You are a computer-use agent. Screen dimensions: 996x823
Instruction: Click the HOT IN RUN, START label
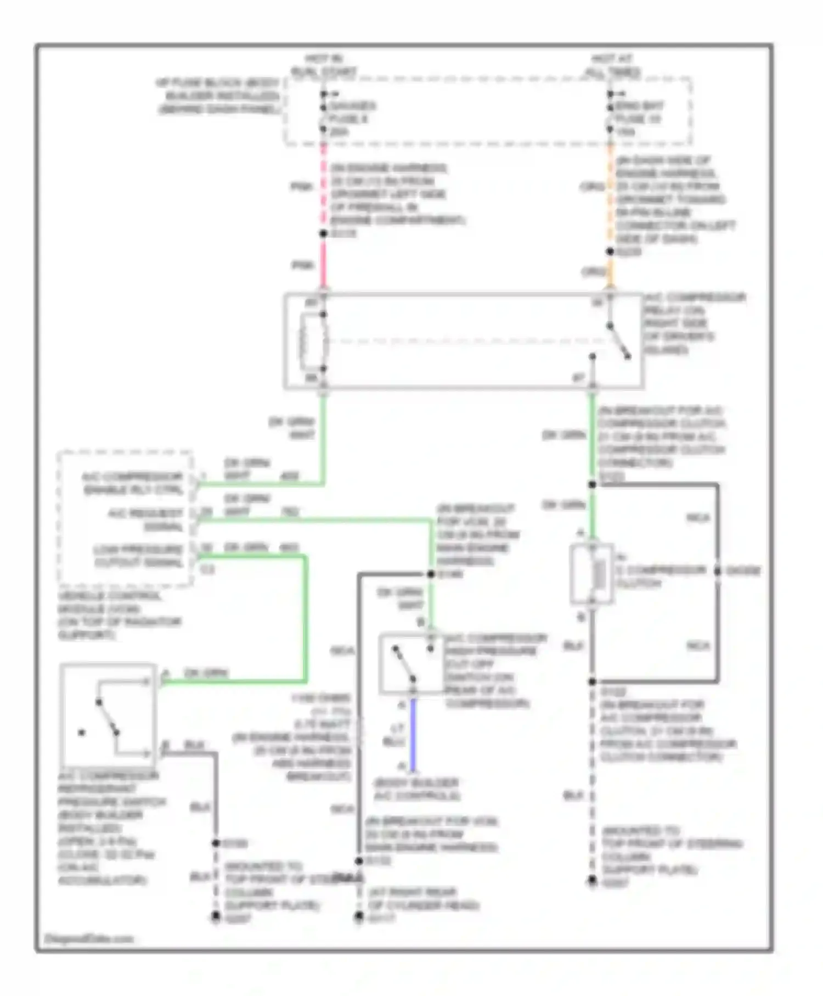[324, 65]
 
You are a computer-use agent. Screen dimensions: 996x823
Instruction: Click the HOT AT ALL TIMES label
[612, 65]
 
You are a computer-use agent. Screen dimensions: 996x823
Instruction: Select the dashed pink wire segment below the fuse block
[324, 187]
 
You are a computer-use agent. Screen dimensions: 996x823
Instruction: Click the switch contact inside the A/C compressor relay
[619, 341]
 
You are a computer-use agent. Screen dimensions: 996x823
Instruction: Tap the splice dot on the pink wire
[324, 234]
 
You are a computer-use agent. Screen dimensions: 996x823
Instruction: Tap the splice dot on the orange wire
[610, 251]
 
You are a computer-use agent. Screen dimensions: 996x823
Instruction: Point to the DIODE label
[743, 571]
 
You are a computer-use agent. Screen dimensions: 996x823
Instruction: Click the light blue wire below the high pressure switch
[413, 733]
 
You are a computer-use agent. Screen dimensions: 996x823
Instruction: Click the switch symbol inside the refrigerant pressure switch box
[108, 717]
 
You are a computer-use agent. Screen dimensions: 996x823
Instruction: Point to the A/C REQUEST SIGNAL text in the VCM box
[145, 519]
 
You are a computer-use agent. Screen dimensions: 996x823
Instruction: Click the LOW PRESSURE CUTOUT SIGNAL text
[138, 556]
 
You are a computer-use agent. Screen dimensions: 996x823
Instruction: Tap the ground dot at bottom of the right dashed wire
[592, 880]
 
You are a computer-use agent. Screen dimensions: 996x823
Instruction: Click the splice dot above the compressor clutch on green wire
[592, 485]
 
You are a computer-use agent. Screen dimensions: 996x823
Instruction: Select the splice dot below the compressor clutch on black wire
[592, 681]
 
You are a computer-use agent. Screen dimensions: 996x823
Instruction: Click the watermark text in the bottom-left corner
[89, 938]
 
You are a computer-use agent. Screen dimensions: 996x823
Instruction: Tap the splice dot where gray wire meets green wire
[431, 574]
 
